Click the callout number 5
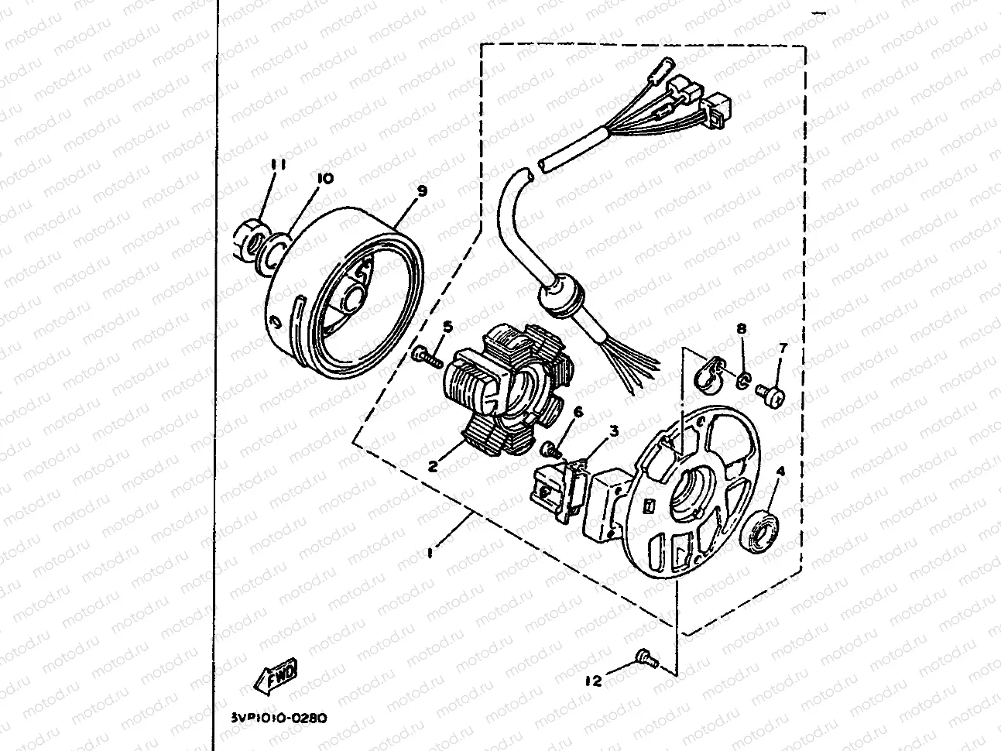447,328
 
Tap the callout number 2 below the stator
434,466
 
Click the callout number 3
612,430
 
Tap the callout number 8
742,329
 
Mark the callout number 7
782,348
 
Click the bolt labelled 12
646,657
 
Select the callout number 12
594,681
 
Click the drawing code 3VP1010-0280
279,718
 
